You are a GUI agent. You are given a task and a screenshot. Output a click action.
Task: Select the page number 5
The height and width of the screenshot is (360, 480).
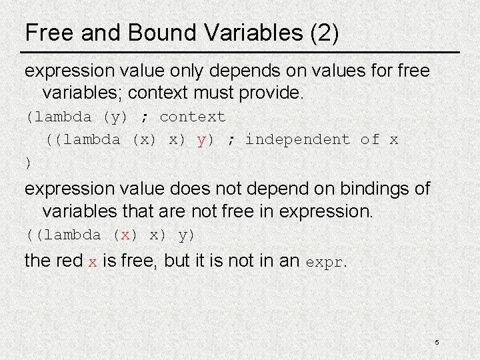click(x=437, y=342)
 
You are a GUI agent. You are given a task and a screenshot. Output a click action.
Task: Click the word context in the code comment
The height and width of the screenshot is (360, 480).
click(x=193, y=117)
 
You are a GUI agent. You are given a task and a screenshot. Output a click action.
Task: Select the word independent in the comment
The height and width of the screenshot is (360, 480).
click(x=298, y=140)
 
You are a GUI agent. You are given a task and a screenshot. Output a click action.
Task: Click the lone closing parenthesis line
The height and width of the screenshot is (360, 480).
click(x=27, y=162)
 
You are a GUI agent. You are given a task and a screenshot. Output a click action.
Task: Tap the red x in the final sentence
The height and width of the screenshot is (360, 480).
click(x=93, y=261)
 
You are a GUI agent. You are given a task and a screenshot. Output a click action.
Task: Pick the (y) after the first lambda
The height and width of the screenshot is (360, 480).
click(x=117, y=117)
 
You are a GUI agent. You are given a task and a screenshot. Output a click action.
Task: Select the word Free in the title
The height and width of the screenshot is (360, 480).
click(x=46, y=33)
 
